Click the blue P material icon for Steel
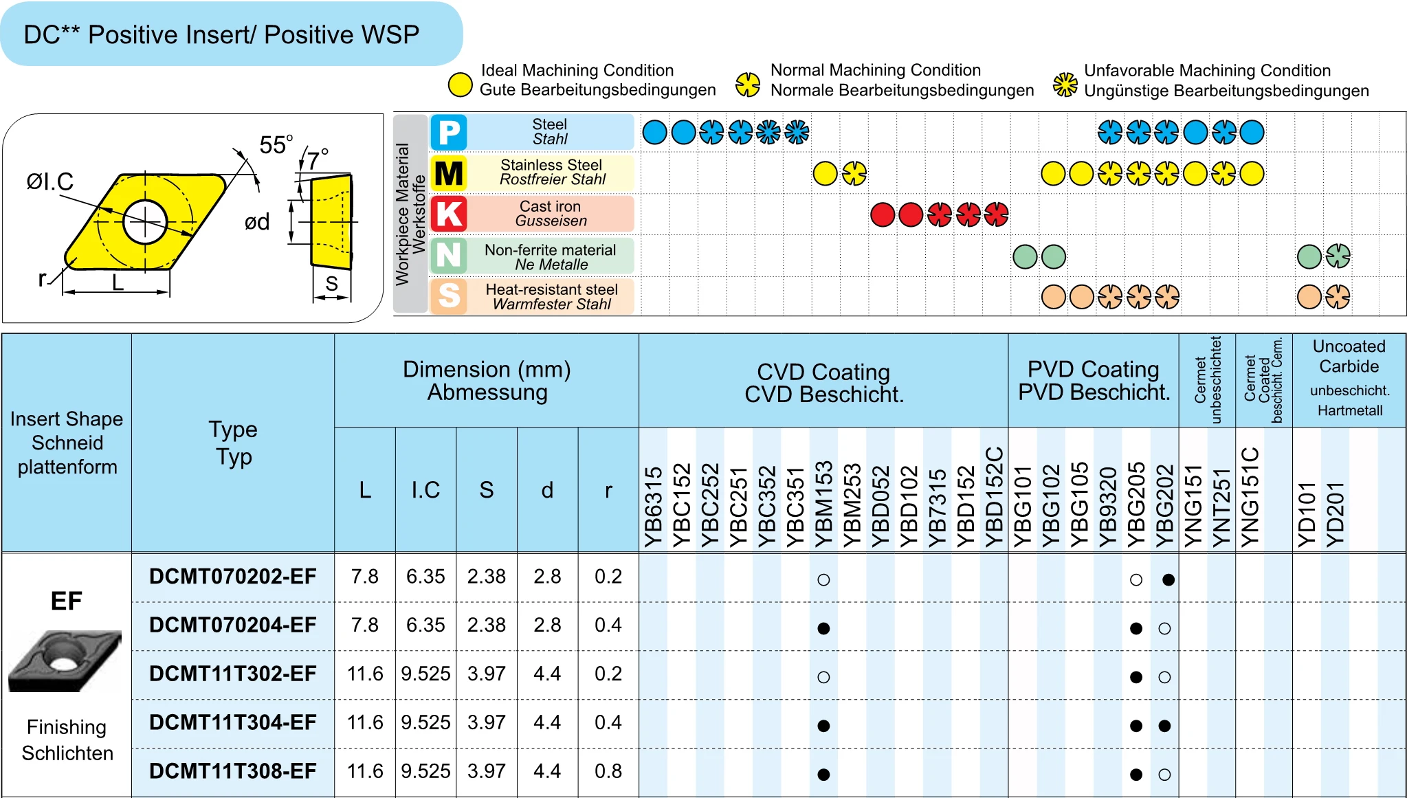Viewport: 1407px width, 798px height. (x=449, y=132)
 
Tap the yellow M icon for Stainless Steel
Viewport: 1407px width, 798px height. (x=449, y=173)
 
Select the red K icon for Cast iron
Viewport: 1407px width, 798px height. (x=449, y=214)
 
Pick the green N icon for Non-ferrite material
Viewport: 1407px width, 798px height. (x=449, y=256)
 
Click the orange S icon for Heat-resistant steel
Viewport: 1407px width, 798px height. (x=449, y=296)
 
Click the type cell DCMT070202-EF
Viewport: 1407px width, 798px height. (x=232, y=577)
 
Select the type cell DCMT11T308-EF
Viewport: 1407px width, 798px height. (x=232, y=771)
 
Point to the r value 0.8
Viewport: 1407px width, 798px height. (x=608, y=771)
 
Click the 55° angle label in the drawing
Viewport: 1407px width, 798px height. (x=276, y=145)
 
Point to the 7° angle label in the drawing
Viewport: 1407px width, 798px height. (x=317, y=160)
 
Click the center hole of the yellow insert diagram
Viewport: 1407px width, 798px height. (x=145, y=221)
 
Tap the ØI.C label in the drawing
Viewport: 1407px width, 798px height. (x=49, y=181)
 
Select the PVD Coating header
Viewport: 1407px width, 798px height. (x=1093, y=380)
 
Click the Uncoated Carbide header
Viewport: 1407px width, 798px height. (x=1349, y=356)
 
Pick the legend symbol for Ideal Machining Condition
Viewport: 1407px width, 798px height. (x=460, y=85)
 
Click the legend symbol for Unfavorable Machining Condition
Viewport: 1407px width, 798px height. (x=1065, y=85)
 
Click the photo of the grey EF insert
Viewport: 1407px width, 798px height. (x=65, y=661)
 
